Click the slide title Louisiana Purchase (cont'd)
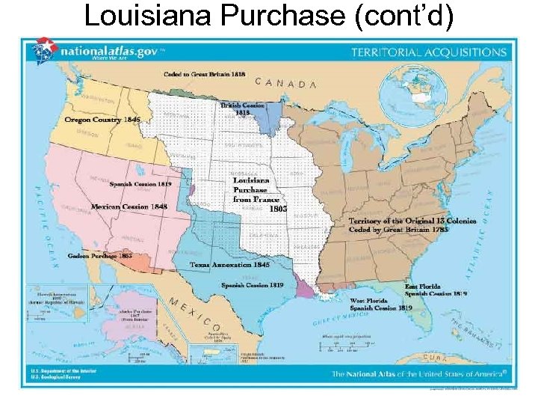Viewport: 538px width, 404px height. coord(268,16)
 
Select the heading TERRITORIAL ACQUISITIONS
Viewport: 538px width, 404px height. coord(429,53)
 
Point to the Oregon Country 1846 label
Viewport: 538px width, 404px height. coord(102,120)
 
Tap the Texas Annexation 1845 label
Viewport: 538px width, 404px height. coord(229,264)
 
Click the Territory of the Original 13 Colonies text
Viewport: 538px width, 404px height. coord(412,221)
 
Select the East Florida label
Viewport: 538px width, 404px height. coord(422,287)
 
